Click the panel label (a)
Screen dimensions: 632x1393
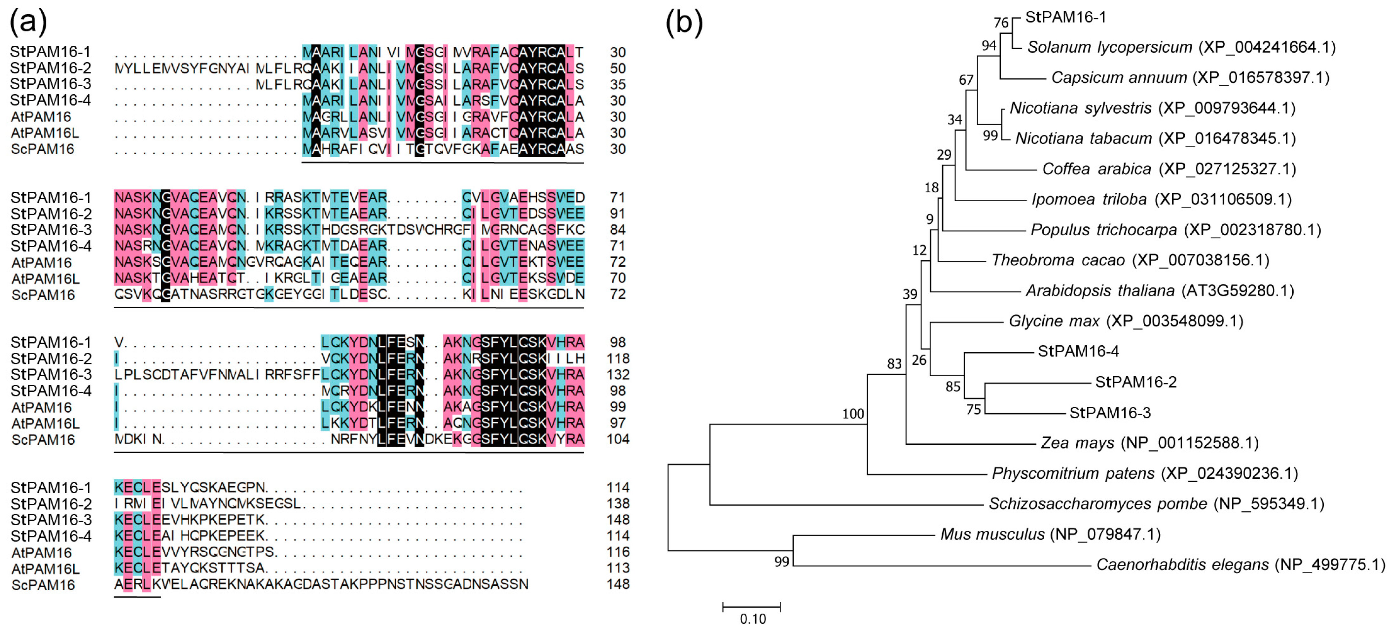click(28, 22)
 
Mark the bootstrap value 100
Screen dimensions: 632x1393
click(853, 414)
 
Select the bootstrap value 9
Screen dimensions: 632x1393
click(930, 219)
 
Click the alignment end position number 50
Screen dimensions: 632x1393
click(617, 69)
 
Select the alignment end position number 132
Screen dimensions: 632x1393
click(617, 375)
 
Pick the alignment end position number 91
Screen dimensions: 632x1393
click(617, 214)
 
